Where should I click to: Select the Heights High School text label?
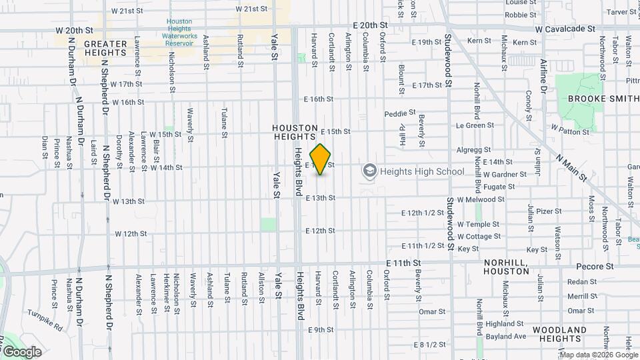pos(421,172)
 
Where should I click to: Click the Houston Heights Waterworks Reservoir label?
pos(179,32)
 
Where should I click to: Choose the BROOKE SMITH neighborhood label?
pos(602,99)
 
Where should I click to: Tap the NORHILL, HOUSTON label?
pos(507,267)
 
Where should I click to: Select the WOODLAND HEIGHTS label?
pos(559,335)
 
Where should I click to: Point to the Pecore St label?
pos(600,266)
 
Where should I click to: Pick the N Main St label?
pos(571,169)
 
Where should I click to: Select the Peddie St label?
pos(400,113)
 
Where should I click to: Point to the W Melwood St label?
pos(495,199)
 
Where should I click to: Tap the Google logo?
pos(22,352)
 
